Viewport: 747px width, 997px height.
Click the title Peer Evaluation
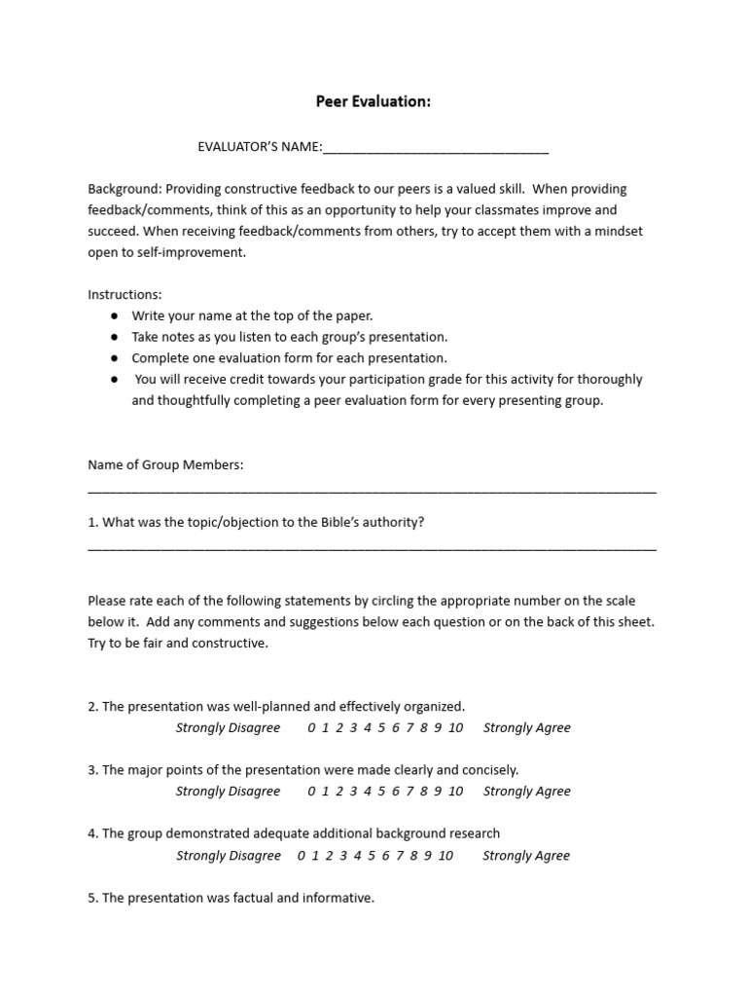[373, 101]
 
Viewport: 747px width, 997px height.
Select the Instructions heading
[125, 294]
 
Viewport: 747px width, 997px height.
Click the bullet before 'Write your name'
[115, 316]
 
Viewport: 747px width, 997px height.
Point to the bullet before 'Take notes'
[115, 337]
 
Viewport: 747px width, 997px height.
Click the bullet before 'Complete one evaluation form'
[115, 358]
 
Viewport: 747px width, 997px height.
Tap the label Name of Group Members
[165, 465]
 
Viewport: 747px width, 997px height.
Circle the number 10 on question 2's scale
[455, 728]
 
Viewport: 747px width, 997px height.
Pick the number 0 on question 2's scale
[311, 728]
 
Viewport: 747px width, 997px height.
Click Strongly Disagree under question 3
[228, 792]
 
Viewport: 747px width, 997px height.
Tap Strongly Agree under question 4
[526, 856]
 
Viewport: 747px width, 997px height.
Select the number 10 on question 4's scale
[445, 856]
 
